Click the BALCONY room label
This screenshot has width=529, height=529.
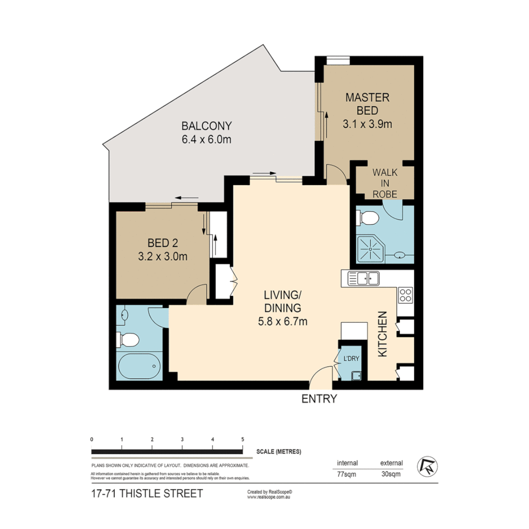(206, 124)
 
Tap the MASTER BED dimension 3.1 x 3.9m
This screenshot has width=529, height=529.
(368, 124)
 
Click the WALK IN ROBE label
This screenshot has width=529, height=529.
(385, 183)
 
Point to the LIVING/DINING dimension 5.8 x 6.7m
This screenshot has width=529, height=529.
(282, 321)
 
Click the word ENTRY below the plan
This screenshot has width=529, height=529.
(319, 399)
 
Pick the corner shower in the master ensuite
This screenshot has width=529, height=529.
(371, 248)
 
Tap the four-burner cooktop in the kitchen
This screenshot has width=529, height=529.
(406, 295)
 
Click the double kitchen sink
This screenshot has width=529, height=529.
(363, 279)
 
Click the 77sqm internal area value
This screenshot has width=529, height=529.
(347, 474)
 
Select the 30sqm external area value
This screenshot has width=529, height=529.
(391, 474)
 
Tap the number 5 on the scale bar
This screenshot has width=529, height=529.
(242, 439)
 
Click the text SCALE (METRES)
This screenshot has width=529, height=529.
(278, 452)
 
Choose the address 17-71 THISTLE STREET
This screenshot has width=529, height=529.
(146, 494)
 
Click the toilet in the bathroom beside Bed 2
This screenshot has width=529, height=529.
(128, 338)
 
